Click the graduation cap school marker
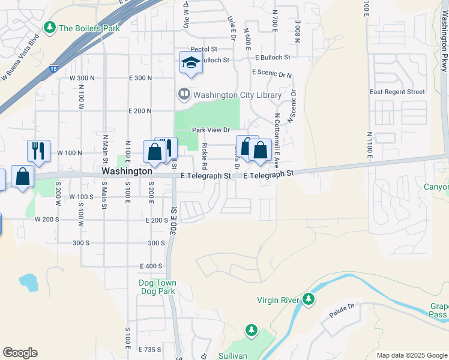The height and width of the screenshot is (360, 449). [191, 62]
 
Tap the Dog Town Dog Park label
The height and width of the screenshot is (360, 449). [157, 287]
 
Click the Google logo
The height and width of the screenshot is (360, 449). [20, 353]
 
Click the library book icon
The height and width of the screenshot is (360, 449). [184, 95]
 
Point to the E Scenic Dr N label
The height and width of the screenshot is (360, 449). [272, 73]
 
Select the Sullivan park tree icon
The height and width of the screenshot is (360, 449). [251, 331]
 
